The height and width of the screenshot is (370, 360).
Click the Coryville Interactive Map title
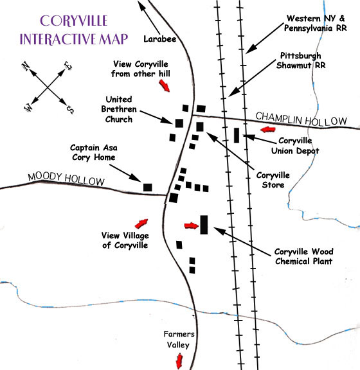click(x=74, y=30)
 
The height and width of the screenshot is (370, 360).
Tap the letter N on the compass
click(x=26, y=66)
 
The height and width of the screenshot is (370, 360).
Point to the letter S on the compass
click(x=70, y=109)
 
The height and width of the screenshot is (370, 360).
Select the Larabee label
click(x=160, y=39)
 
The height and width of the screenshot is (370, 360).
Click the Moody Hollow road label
click(x=66, y=179)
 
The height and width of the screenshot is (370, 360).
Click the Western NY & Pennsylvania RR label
click(x=316, y=23)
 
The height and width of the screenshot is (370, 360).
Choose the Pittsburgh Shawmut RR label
click(x=301, y=60)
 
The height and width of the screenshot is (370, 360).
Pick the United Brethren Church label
click(x=119, y=109)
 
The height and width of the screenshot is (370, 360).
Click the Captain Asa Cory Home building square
click(x=148, y=188)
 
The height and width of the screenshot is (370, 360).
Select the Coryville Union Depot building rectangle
click(x=237, y=135)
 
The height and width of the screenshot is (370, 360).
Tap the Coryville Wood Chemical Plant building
click(x=204, y=225)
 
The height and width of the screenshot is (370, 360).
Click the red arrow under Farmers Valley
click(x=179, y=361)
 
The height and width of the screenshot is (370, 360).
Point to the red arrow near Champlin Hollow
click(x=268, y=129)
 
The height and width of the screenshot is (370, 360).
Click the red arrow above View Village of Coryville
click(x=141, y=224)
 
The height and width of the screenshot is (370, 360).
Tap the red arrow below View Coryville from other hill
click(x=164, y=85)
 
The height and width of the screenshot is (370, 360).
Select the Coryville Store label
click(x=273, y=180)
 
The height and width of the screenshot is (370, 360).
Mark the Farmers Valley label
click(x=179, y=340)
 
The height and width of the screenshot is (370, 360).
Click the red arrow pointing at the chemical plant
click(x=192, y=226)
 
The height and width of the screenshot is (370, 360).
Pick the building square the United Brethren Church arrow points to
click(x=179, y=123)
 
